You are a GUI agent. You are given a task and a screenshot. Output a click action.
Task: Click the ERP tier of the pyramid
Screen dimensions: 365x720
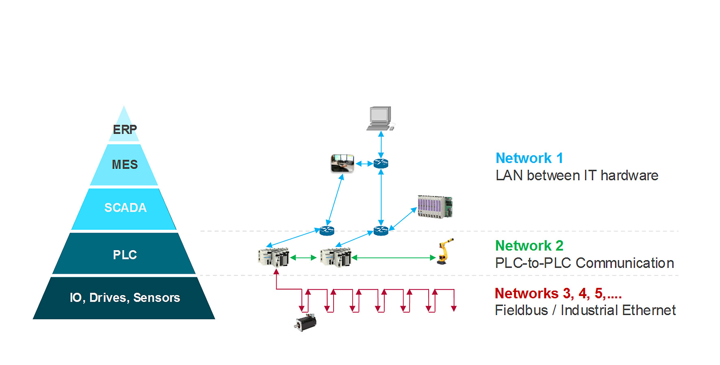[124, 130]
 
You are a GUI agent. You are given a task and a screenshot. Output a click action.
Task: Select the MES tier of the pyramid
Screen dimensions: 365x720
[124, 164]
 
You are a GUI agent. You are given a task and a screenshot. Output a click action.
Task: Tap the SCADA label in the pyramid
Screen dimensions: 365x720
[125, 207]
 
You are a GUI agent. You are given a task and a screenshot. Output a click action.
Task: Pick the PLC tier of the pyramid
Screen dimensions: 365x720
[124, 255]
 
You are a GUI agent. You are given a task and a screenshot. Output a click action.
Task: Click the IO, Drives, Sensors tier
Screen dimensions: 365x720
[124, 298]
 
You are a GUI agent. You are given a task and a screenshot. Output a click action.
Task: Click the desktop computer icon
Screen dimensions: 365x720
[380, 118]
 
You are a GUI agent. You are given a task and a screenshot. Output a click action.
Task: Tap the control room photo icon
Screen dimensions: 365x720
[342, 163]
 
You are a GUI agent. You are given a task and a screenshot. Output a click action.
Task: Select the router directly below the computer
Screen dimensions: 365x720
[381, 164]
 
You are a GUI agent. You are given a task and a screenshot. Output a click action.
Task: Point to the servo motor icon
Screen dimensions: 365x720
[306, 322]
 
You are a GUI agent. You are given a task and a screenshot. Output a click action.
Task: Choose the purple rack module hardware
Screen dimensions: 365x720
[435, 207]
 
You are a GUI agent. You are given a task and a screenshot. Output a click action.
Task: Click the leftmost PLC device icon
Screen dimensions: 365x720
[273, 257]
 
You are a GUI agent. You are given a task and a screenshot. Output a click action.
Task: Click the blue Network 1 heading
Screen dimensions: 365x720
[529, 158]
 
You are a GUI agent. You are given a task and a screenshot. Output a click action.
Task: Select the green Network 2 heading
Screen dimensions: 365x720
[529, 246]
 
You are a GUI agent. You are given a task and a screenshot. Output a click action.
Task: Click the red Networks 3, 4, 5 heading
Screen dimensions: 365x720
[558, 293]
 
